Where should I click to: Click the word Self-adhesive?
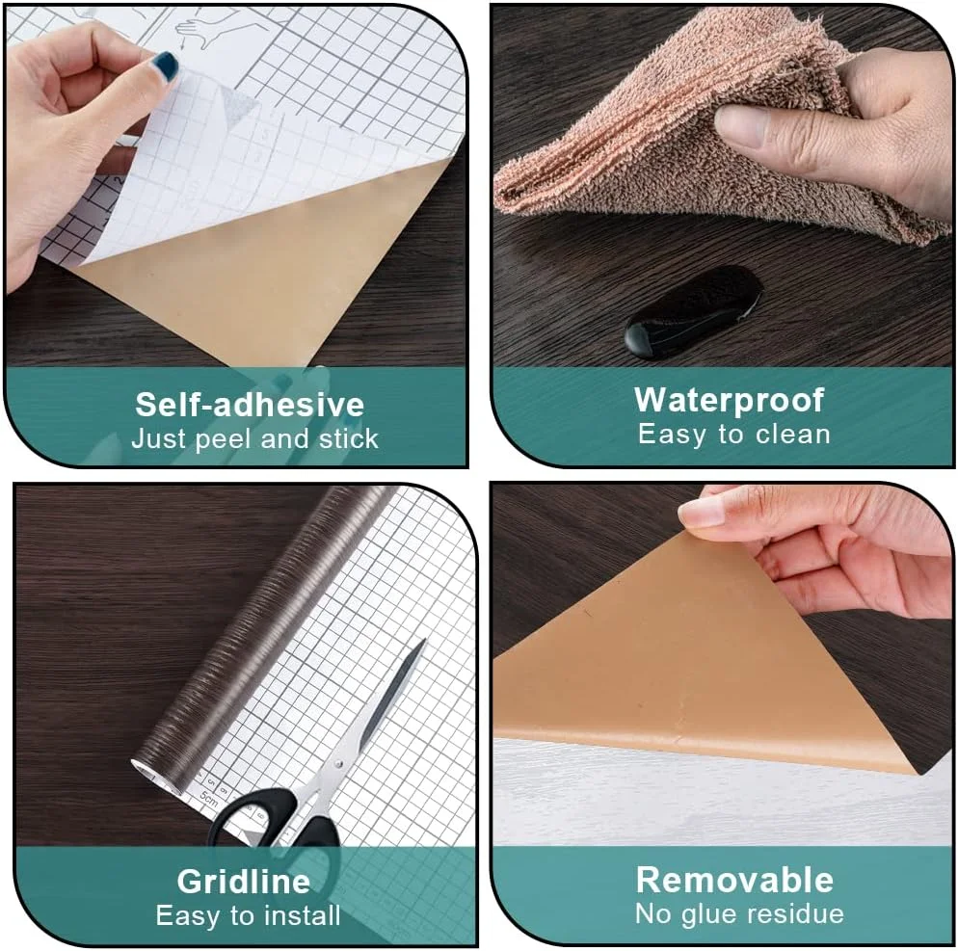click(250, 405)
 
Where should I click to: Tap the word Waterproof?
click(730, 401)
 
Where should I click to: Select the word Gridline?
click(244, 882)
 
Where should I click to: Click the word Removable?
click(734, 880)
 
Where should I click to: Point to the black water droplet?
click(693, 311)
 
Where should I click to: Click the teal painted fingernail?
click(165, 65)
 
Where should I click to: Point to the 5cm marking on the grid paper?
click(208, 797)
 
